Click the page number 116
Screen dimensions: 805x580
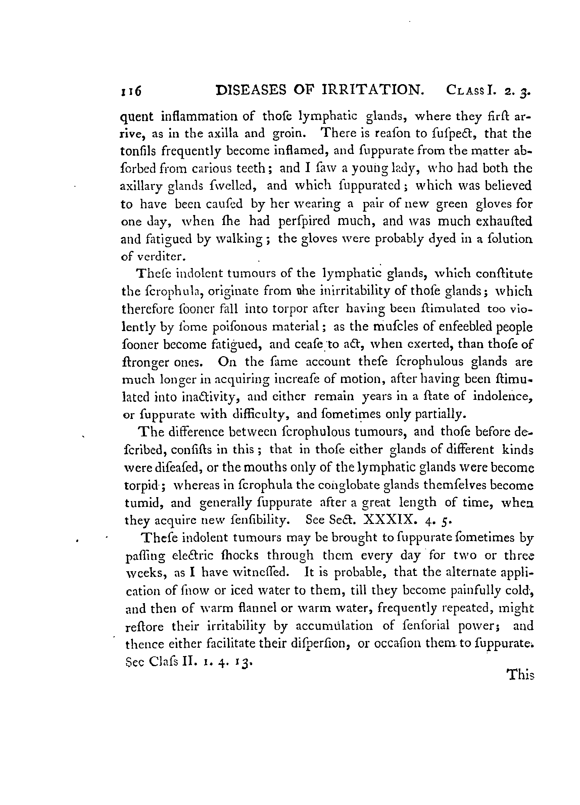pos(131,91)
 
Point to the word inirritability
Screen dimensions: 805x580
pos(356,291)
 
